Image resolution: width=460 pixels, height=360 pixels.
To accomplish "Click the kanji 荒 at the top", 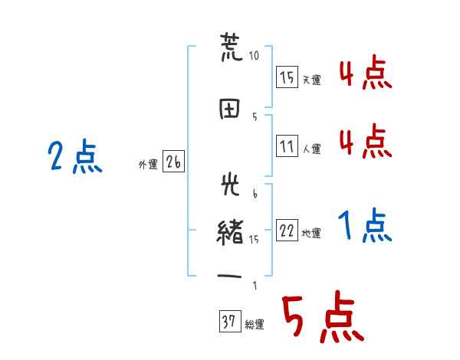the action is tap(232, 47).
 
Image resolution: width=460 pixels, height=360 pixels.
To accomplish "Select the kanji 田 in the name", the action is tap(229, 109).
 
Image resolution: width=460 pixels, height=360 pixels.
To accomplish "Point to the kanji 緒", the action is tap(230, 232).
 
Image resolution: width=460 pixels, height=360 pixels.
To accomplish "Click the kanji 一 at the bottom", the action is tap(229, 277).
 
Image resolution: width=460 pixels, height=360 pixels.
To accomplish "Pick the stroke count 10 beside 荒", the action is tap(254, 55).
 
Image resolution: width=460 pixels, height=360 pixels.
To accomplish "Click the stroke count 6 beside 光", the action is tap(255, 194).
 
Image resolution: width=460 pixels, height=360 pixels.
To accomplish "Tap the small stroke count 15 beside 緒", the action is tap(254, 240).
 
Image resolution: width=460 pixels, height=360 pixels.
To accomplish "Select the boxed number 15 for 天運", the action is tap(287, 77).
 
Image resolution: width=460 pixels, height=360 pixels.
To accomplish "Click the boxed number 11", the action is tap(287, 146).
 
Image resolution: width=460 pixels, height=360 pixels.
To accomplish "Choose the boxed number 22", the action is tap(287, 230).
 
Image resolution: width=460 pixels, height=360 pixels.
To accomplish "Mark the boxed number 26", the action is tap(174, 162).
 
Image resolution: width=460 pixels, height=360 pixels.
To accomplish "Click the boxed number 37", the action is tap(230, 321).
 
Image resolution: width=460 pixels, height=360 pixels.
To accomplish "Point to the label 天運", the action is tap(312, 80).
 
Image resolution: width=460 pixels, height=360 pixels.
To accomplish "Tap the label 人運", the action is tap(312, 149).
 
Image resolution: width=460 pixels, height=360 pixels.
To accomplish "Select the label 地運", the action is tap(311, 234).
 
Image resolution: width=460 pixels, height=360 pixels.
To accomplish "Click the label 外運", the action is tap(148, 165).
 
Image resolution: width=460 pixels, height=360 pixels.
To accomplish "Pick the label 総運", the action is tap(255, 325).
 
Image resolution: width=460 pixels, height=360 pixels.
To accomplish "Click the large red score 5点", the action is tap(323, 316).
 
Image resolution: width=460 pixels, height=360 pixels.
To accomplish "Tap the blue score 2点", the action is tap(75, 155).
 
